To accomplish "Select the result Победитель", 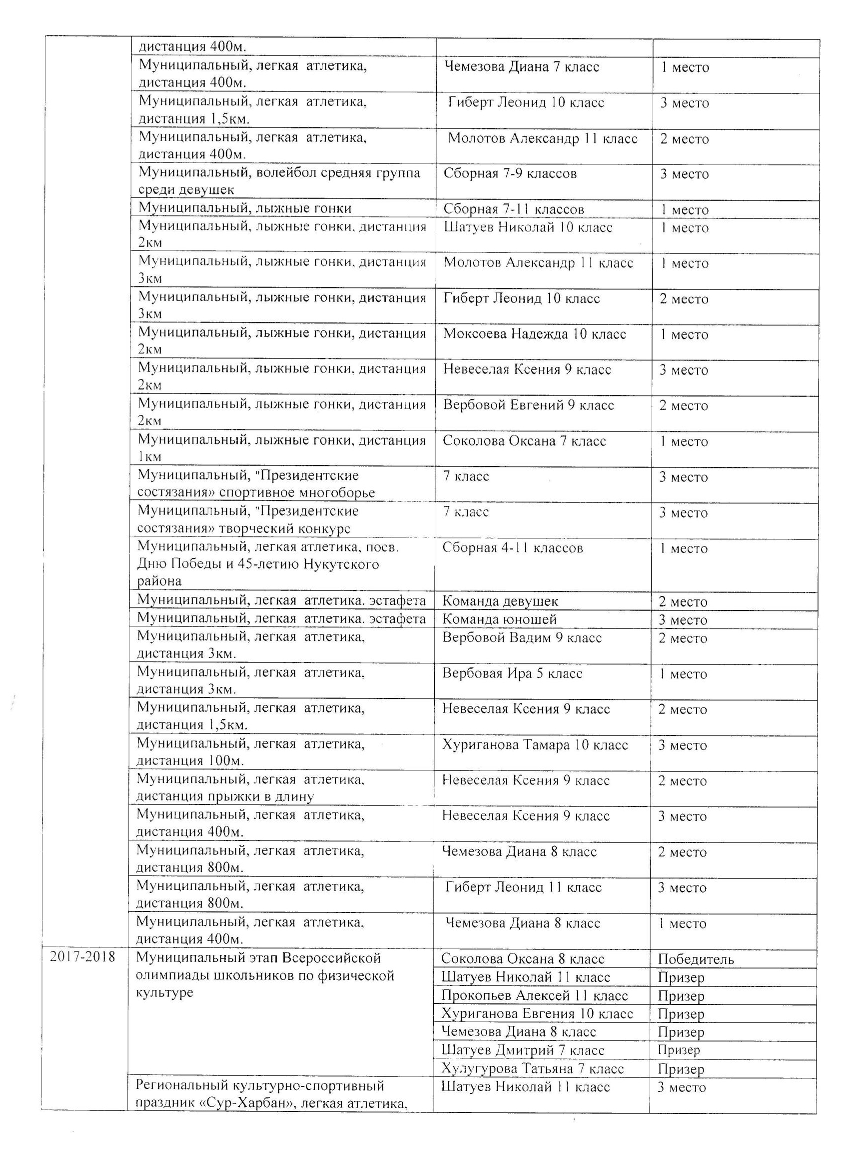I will pos(696,959).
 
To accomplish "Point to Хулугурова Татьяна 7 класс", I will pos(533,1068).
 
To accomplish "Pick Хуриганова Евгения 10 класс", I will pos(537,1013).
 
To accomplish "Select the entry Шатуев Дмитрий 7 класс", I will pos(522,1050).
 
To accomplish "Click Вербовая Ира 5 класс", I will pos(512,673).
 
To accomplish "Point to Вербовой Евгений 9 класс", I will pos(528,405).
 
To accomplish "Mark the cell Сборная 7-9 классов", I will pos(510,174).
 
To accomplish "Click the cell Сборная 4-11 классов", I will pos(512,548).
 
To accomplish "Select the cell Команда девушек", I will pos(500,601).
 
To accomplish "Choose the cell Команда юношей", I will pos(500,619).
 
